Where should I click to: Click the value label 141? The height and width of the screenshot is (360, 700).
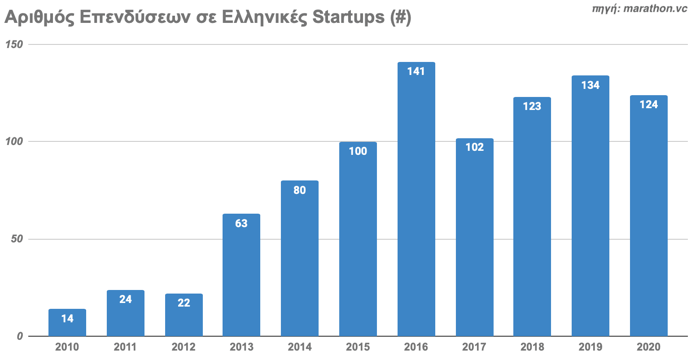416,71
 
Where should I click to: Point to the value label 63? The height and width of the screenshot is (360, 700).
241,223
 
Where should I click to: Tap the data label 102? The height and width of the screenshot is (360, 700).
474,147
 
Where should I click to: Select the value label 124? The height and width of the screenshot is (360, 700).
648,105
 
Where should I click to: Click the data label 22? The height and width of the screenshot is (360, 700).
184,303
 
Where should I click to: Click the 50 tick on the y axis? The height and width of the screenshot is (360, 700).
17,239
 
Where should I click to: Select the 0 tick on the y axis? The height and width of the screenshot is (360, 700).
20,336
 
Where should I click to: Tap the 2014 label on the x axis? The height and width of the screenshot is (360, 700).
300,347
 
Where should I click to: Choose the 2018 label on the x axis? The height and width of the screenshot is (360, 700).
532,347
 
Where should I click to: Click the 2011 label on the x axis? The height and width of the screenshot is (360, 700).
125,347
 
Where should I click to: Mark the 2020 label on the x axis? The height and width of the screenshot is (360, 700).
648,347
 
